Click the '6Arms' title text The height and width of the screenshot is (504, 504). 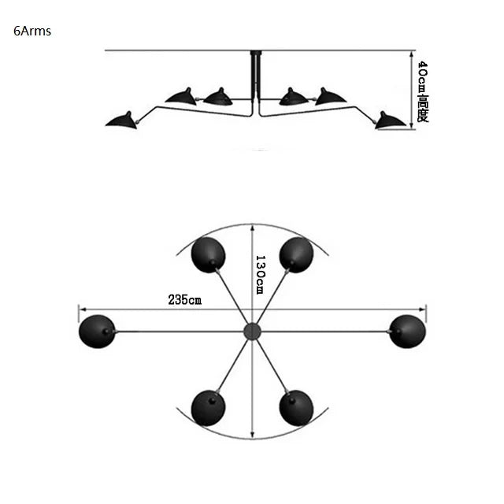tap(32, 32)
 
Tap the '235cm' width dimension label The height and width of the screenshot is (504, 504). tap(184, 299)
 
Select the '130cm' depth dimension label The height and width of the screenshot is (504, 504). tap(261, 274)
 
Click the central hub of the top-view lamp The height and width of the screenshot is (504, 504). tap(252, 331)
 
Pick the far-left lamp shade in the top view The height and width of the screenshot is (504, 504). tap(97, 331)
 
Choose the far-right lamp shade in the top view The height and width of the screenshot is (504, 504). tap(408, 331)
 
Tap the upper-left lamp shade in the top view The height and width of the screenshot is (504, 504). tap(209, 255)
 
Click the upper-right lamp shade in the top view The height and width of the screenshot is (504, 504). tap(296, 254)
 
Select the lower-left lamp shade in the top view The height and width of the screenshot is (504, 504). tap(208, 407)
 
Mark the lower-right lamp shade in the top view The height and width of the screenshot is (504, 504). tap(296, 407)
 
